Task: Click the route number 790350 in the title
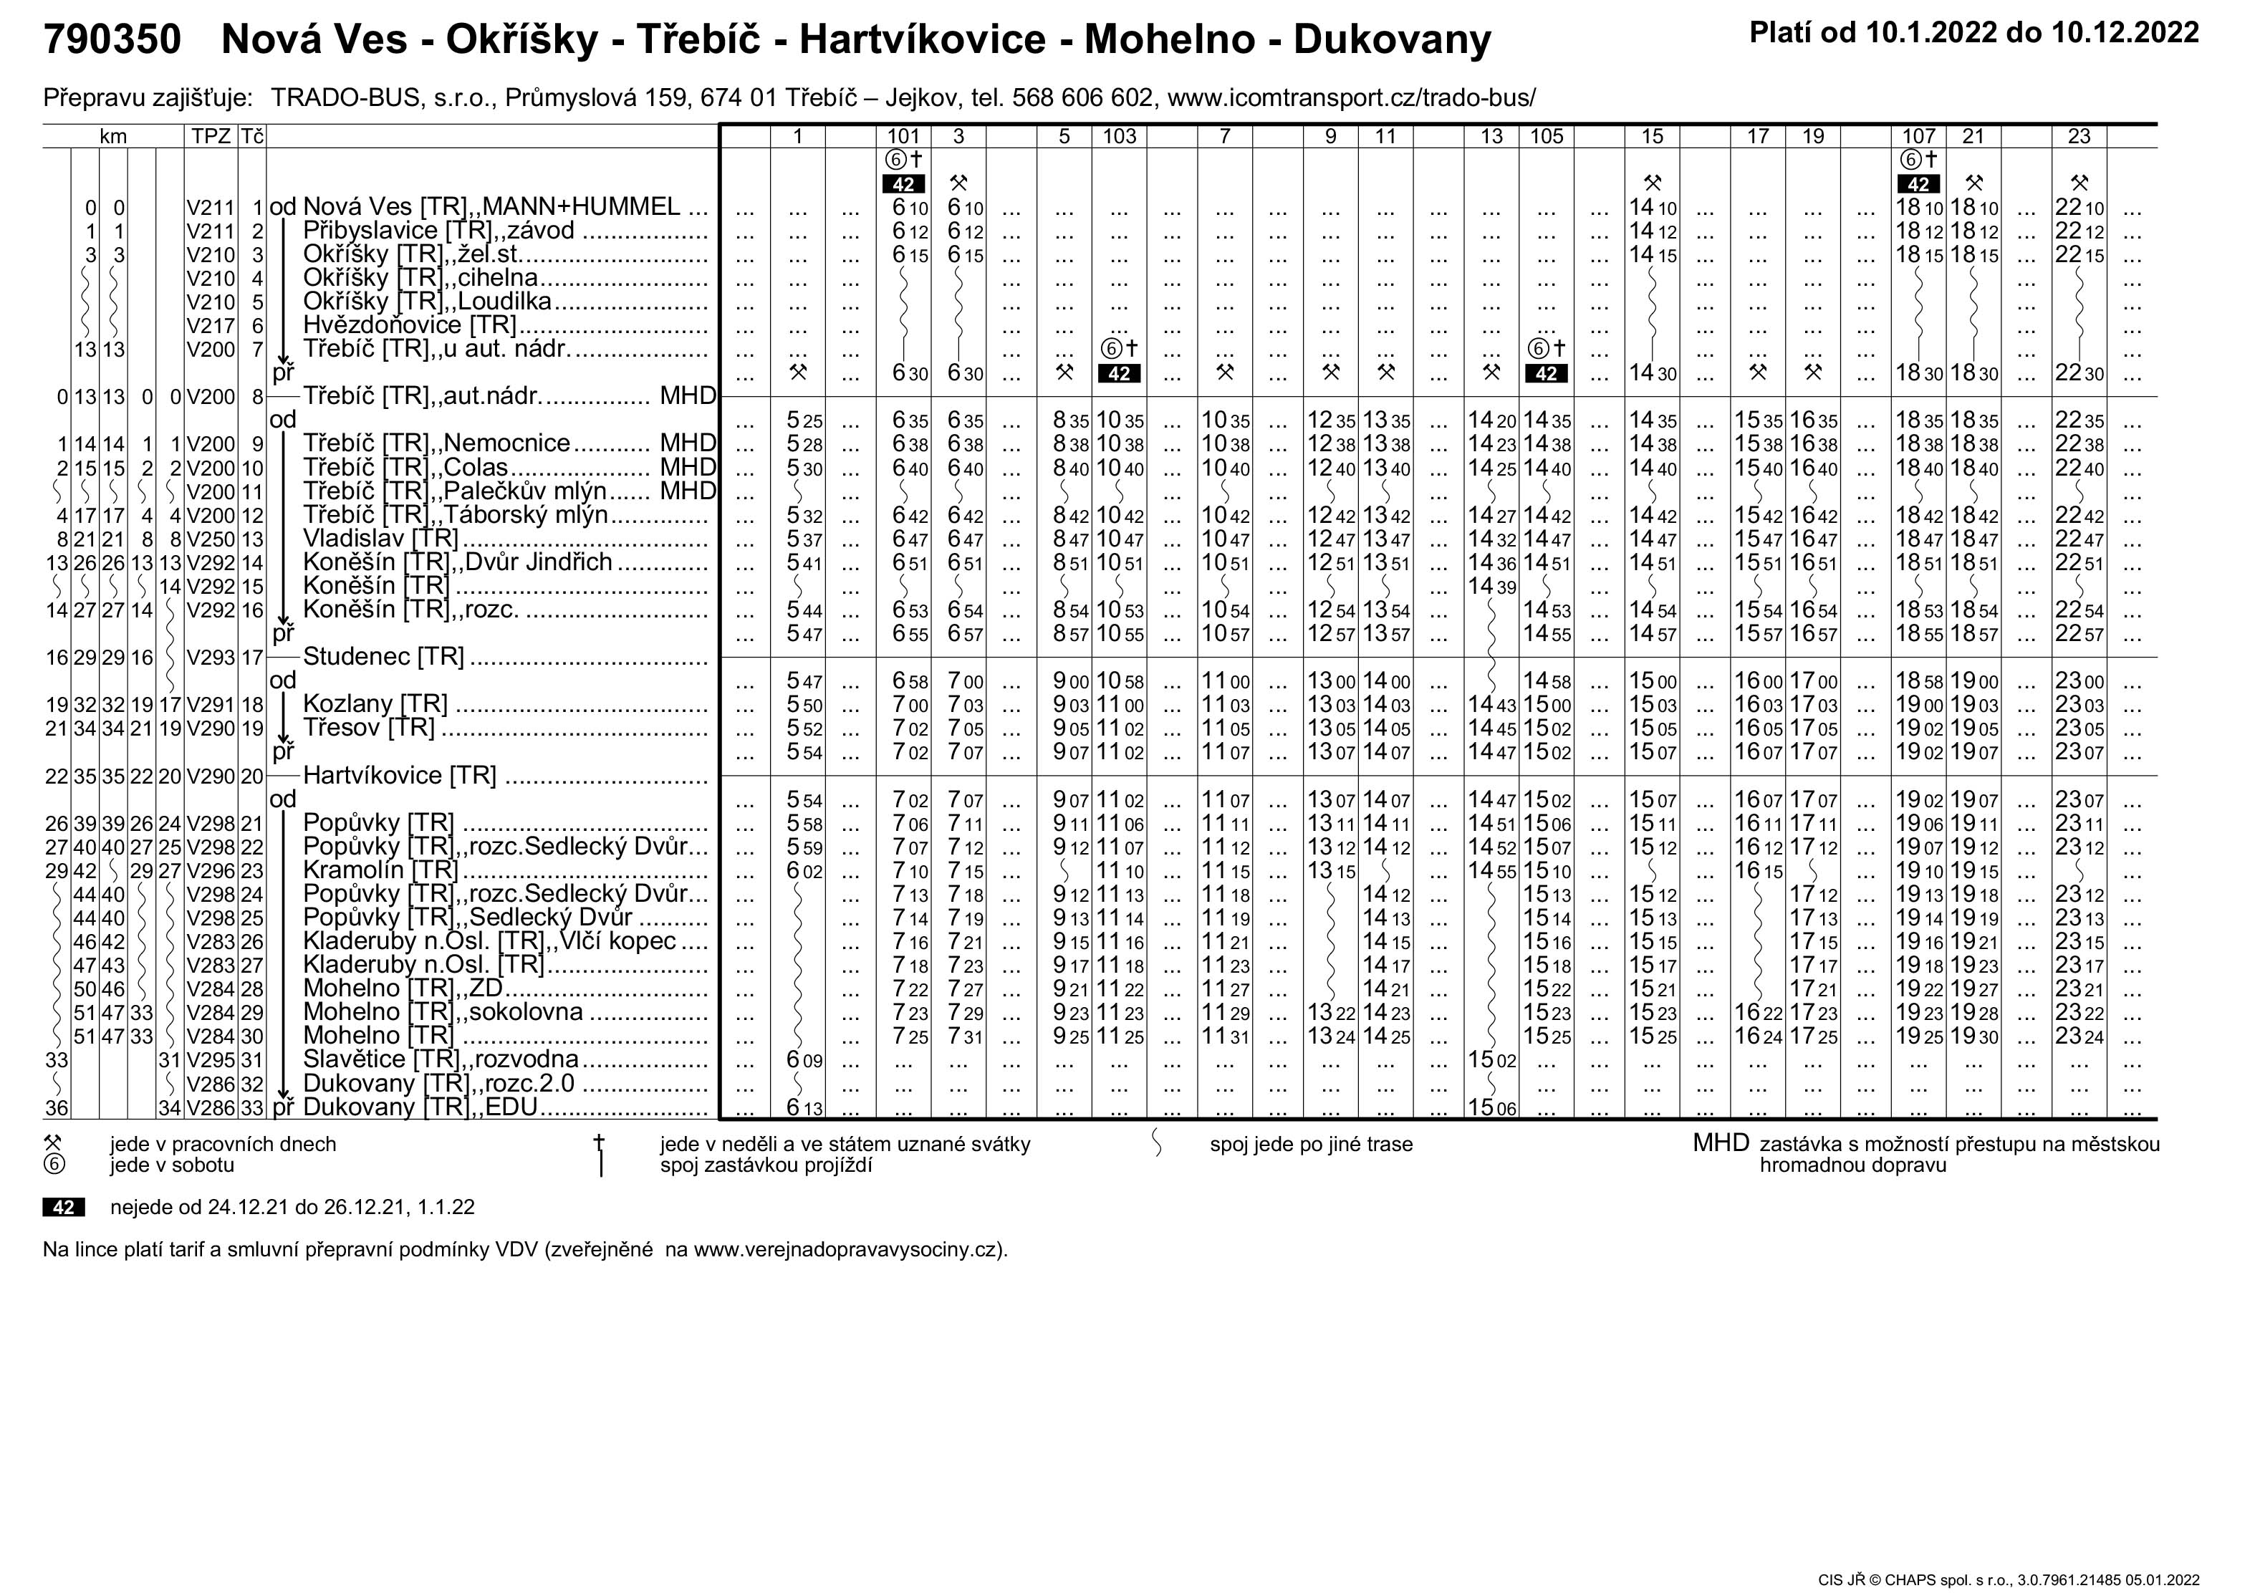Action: click(112, 40)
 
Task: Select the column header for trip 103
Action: click(1119, 137)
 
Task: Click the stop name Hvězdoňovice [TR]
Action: click(410, 325)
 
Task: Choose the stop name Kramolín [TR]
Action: click(381, 871)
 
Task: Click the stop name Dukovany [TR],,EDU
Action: click(420, 1108)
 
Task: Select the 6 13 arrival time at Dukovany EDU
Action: click(804, 1109)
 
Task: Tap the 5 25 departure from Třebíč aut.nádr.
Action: click(804, 421)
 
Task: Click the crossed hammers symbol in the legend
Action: click(53, 1143)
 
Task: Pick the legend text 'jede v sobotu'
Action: click(172, 1166)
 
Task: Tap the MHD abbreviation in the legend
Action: click(1721, 1143)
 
